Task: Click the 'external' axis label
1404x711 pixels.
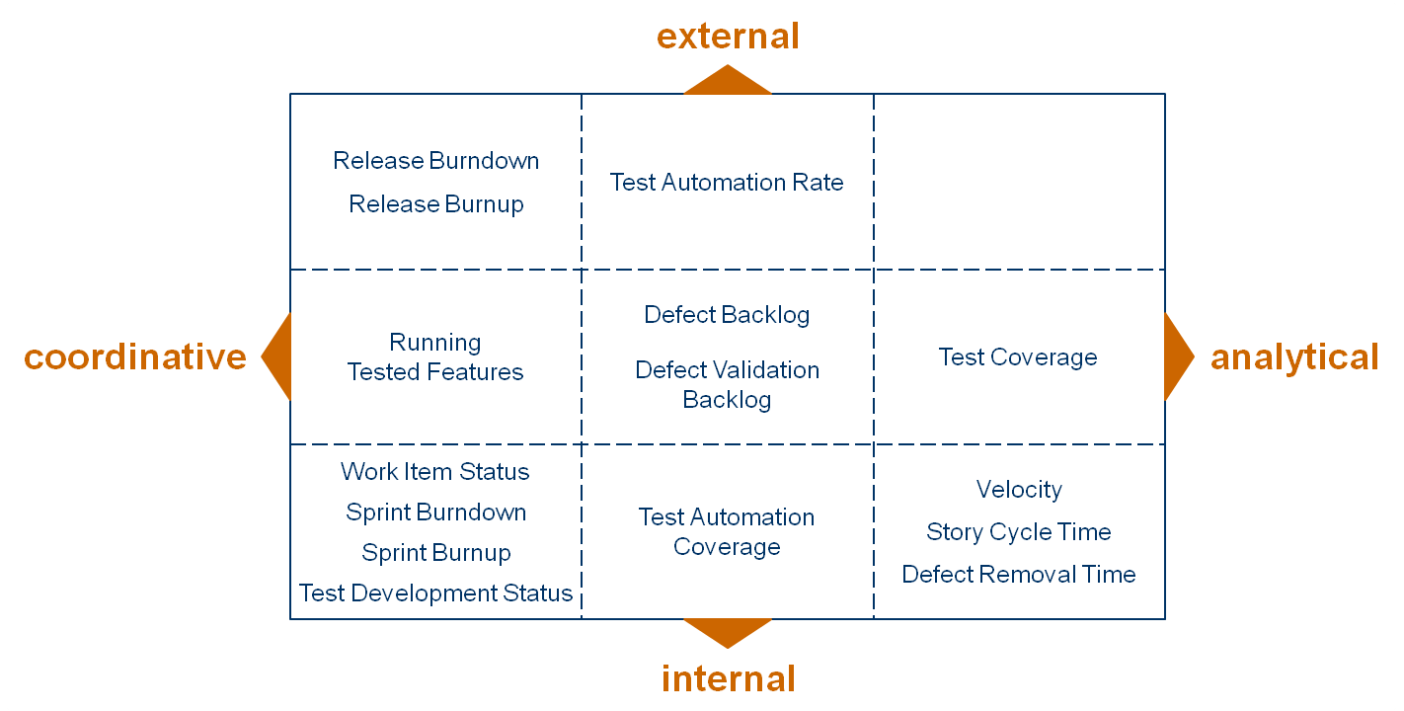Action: (x=728, y=37)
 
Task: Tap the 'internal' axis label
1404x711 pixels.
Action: (x=728, y=679)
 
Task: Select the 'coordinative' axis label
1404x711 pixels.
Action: (x=135, y=356)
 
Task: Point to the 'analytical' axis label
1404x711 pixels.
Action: (x=1294, y=357)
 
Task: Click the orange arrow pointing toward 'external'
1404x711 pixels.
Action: (x=728, y=82)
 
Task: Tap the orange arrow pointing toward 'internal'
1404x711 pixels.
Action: (x=728, y=631)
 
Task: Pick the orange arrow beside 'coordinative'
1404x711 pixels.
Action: (x=278, y=356)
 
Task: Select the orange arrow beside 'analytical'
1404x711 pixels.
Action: (x=1177, y=356)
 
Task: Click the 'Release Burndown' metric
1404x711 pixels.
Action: (x=435, y=161)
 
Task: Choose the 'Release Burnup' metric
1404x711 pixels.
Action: (x=435, y=204)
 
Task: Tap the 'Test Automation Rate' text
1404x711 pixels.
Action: (x=727, y=183)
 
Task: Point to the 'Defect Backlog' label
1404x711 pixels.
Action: (x=727, y=315)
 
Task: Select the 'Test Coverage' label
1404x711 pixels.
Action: (x=1018, y=357)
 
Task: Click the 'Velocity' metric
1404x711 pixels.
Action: (x=1019, y=490)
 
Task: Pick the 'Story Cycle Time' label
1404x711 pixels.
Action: (x=1019, y=532)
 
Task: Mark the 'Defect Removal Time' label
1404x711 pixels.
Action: (x=1019, y=575)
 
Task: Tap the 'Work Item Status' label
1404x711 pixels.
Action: (x=435, y=472)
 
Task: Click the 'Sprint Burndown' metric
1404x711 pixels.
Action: (x=435, y=513)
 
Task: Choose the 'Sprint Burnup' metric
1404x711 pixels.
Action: (x=435, y=553)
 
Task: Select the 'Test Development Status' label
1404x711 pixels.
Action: (x=435, y=593)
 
